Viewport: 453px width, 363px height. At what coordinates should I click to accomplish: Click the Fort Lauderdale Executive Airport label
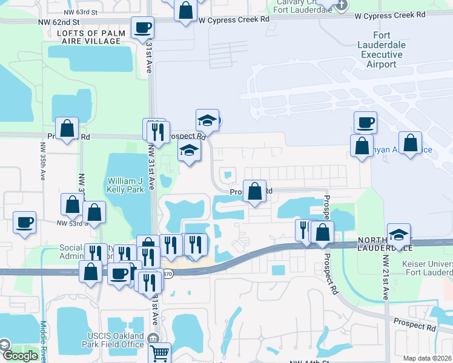click(x=382, y=45)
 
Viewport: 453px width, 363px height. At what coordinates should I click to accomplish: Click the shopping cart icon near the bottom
click(x=159, y=353)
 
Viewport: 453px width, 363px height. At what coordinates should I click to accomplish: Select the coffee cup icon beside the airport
click(x=366, y=122)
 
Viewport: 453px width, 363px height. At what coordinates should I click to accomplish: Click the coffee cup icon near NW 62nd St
click(x=142, y=27)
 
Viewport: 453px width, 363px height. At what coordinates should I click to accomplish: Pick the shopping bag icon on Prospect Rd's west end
click(x=67, y=128)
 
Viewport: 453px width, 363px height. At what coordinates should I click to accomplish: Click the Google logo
click(x=19, y=356)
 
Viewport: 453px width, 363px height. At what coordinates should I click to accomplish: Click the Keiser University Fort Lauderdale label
click(x=427, y=269)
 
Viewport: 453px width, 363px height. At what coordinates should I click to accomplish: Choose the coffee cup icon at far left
click(x=24, y=222)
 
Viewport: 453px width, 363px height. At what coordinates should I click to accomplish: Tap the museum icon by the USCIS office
click(x=153, y=337)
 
